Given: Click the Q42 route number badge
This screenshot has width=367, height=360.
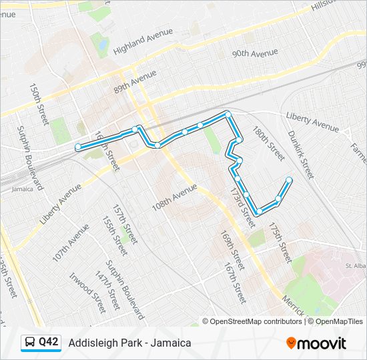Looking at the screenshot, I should click(x=49, y=342).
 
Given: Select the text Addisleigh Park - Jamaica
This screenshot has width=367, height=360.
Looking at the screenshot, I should click(x=129, y=343).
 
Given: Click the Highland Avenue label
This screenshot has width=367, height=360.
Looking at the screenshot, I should click(x=143, y=41).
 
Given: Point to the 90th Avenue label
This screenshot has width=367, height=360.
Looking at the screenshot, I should click(x=254, y=53).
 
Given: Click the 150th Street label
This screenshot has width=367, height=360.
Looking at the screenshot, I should click(x=39, y=103).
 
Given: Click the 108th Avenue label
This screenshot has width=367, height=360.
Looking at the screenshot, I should click(x=175, y=198).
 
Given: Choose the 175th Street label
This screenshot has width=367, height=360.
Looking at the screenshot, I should click(x=281, y=243).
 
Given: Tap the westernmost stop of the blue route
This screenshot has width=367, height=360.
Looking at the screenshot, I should click(x=78, y=147).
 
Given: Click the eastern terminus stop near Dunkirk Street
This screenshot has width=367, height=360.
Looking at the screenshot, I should click(x=289, y=179).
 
